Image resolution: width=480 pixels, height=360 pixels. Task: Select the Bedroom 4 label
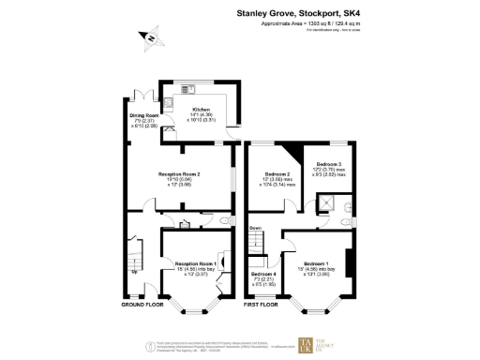coord(263,274)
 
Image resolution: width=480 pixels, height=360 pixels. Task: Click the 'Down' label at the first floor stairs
coord(255,228)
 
